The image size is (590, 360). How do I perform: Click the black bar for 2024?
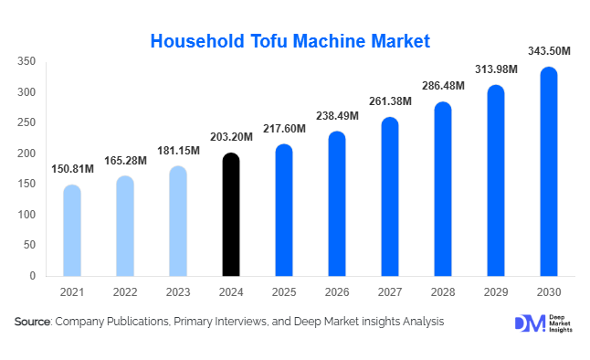point(231,215)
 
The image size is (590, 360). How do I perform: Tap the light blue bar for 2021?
point(72,230)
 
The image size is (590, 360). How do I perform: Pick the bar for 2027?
point(390,196)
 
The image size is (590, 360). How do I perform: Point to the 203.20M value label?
point(231,140)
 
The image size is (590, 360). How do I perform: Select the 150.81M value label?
point(72,171)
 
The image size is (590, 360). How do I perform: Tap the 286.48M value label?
point(443,85)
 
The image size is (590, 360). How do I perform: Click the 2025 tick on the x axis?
point(284,291)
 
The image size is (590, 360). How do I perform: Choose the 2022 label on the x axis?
point(125,291)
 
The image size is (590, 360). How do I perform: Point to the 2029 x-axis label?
point(496,291)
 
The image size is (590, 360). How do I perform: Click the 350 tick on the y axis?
point(26,61)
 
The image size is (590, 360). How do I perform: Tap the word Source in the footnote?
point(33,322)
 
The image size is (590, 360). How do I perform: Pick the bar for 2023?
point(178,221)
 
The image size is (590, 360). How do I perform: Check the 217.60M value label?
point(284,129)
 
